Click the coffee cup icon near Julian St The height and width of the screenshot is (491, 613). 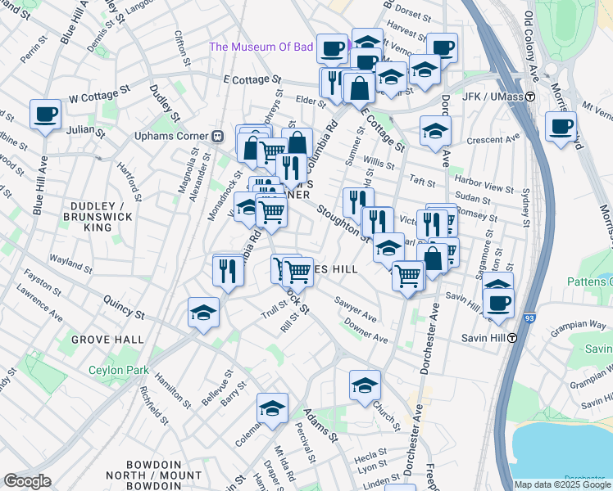click(46, 115)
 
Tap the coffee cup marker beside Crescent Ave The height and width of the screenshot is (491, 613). click(561, 128)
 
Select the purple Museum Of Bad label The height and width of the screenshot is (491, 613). click(261, 47)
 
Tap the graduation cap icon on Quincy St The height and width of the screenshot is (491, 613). click(203, 313)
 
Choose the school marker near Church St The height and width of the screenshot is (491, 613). click(365, 385)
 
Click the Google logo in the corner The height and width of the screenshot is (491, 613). click(27, 481)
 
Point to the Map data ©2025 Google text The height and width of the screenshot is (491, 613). click(562, 484)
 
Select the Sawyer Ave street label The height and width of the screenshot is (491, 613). click(356, 311)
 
